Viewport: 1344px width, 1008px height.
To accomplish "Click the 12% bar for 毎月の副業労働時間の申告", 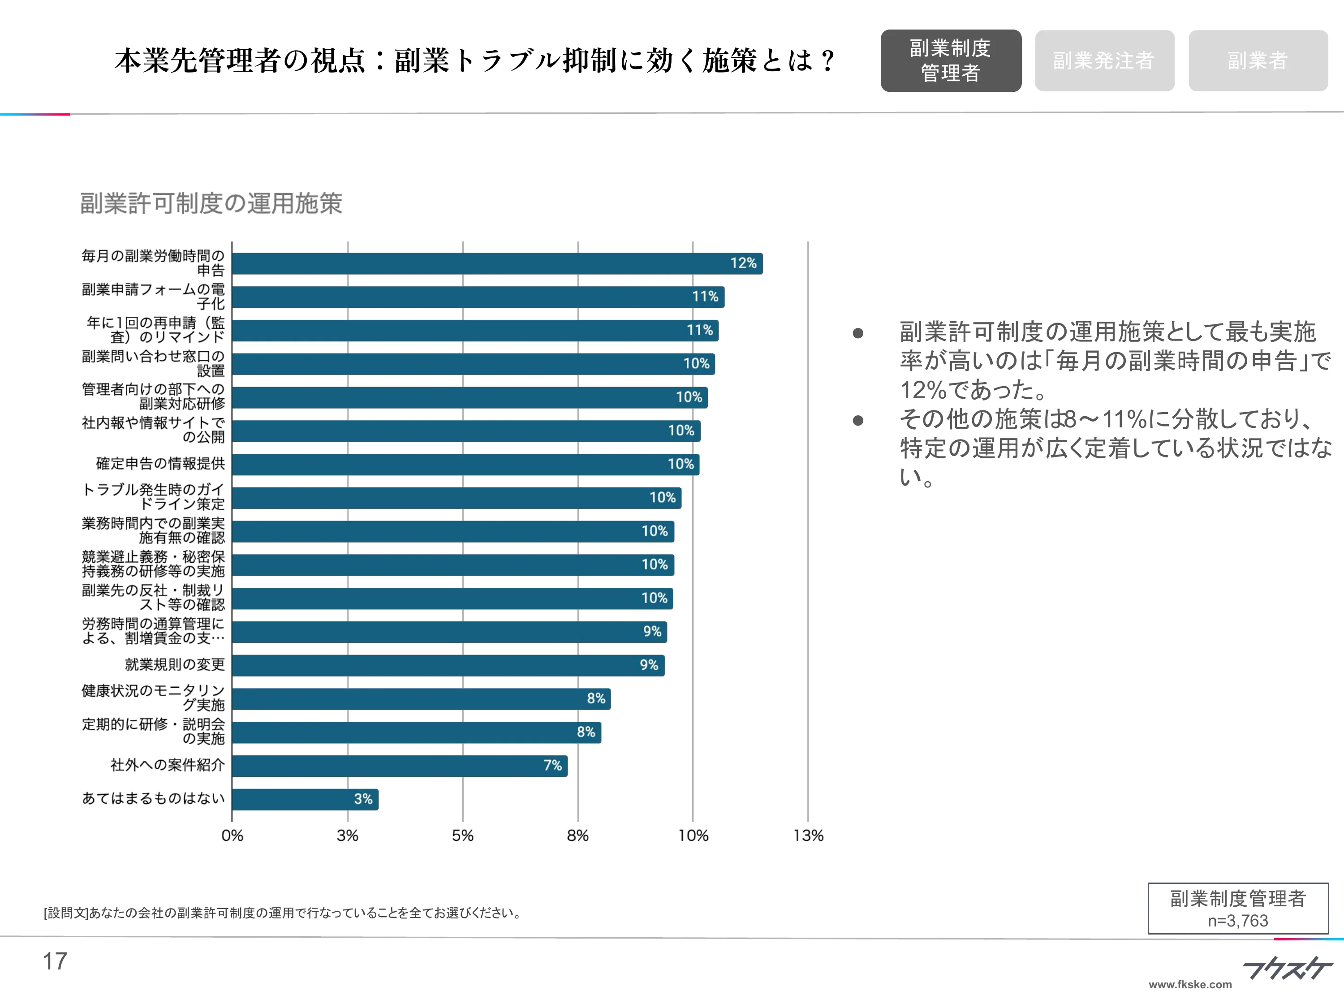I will [497, 264].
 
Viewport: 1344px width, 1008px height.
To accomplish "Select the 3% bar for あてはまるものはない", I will [305, 799].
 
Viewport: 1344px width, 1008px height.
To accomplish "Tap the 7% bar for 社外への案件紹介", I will [399, 766].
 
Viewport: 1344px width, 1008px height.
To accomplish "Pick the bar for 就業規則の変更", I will [448, 665].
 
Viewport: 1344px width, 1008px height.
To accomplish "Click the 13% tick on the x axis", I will [808, 836].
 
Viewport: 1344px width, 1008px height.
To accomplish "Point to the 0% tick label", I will [232, 836].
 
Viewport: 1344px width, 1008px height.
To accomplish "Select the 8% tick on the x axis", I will [578, 836].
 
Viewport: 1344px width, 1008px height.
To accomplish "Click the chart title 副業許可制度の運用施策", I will [211, 203].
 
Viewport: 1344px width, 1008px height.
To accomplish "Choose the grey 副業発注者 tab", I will [1104, 61].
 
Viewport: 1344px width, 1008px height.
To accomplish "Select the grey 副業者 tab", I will [1257, 61].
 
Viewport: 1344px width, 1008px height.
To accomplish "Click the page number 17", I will [55, 961].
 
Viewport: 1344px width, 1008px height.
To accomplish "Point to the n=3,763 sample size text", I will [1238, 921].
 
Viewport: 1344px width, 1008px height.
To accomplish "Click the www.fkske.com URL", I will [1190, 984].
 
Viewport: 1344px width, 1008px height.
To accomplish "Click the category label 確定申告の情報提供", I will [160, 464].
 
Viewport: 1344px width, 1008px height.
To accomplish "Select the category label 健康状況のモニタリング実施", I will [154, 698].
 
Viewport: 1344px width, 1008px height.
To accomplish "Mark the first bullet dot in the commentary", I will [858, 333].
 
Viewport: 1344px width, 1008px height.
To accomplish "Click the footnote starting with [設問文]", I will [283, 913].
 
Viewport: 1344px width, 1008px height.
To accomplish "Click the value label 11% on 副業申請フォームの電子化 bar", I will [705, 297].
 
